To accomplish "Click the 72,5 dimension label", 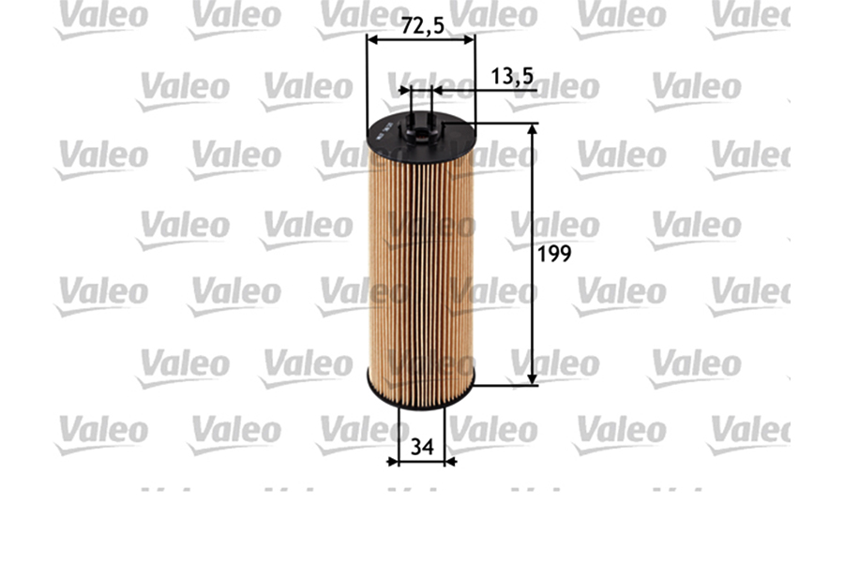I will [x=422, y=26].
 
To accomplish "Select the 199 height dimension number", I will [x=554, y=254].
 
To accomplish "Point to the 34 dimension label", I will [x=422, y=447].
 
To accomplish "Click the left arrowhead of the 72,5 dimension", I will [x=371, y=40].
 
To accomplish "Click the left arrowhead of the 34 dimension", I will [x=393, y=461].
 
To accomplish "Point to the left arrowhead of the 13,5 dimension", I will [x=404, y=91].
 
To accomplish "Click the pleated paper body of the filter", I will [x=420, y=272].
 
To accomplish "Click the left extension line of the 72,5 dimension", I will [x=367, y=84].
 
